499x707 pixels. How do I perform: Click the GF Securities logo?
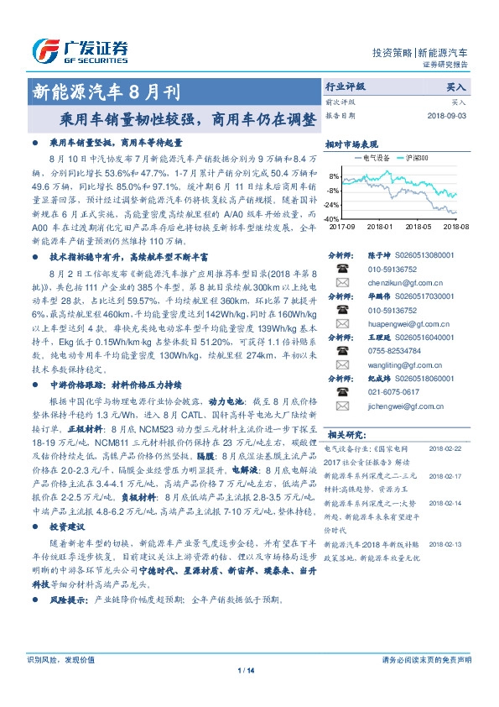click(x=80, y=50)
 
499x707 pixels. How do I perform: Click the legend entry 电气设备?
click(x=370, y=157)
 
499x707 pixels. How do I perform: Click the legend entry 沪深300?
click(x=415, y=157)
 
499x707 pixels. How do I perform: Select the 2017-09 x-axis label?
click(x=342, y=226)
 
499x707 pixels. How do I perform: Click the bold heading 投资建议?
click(x=67, y=526)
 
